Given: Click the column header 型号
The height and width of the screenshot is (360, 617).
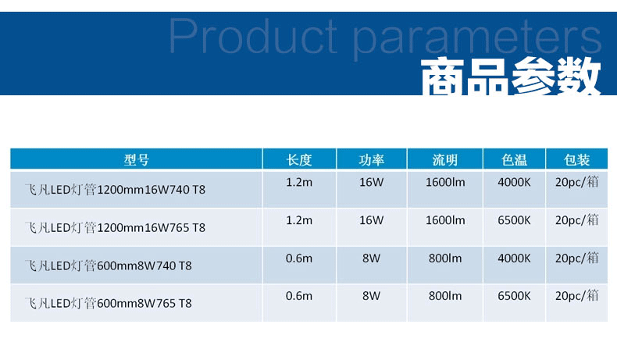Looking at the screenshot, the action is pos(136,160).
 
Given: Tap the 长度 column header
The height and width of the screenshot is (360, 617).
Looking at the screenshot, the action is pos(299,160).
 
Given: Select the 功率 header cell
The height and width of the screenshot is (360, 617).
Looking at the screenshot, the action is pos(372,160).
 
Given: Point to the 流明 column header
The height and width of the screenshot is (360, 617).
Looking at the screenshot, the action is pos(445,160).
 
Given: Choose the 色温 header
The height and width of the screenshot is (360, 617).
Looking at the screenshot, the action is pos(515,160).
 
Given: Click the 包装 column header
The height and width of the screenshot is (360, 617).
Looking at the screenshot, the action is pos(577,160).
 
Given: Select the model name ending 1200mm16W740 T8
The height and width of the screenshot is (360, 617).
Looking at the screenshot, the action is pos(116,190).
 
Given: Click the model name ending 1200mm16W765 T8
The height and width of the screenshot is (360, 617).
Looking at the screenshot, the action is pos(116,227).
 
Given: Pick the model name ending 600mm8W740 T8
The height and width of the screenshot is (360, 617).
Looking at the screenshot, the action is pos(109,266).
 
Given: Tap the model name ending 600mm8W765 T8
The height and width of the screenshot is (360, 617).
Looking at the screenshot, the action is pos(109,303).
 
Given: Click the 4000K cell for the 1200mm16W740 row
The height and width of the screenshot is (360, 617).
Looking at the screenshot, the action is pos(515,182).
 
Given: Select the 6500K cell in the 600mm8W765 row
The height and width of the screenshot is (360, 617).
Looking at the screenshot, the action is pos(515,296).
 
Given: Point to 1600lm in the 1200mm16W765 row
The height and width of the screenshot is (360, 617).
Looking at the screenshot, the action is pos(445,220).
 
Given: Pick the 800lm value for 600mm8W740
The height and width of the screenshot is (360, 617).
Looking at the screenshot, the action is pos(445,258).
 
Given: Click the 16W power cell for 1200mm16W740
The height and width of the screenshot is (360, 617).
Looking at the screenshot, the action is pos(372,182).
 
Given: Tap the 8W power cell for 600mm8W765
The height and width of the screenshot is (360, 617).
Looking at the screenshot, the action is pos(372,296).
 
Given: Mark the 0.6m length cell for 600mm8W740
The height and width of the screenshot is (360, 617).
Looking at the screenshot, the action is pos(299,258).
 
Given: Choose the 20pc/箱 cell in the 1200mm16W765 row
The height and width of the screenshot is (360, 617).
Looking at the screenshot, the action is pos(577,220).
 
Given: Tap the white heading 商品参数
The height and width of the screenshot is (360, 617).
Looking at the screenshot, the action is pos(511,77).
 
